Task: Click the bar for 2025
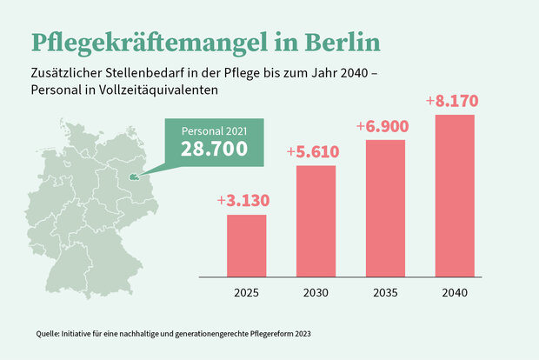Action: [246, 244]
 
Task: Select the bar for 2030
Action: [316, 220]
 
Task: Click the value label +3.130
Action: [243, 202]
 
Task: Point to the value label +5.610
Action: [315, 151]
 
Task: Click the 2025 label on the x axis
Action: [246, 292]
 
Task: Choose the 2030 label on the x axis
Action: [316, 292]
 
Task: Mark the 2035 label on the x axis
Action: [386, 292]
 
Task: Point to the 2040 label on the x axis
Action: [455, 292]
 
